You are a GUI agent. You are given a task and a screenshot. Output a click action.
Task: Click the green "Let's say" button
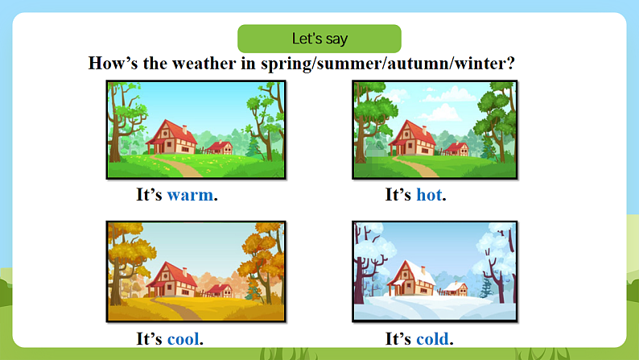pos(319,39)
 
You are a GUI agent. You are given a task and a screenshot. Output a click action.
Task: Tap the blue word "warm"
pos(191,195)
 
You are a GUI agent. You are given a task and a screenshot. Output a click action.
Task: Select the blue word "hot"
pos(429,195)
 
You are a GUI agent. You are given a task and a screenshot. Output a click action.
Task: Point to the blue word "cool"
pos(183,339)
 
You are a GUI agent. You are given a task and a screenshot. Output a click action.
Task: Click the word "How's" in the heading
pos(110,64)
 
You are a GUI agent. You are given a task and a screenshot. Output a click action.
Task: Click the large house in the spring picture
pos(171,137)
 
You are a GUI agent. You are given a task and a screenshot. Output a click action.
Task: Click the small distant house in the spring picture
pos(219,147)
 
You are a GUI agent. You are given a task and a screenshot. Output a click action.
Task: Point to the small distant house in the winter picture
pos(456,288)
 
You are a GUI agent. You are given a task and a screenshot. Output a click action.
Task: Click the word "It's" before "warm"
pos(150,195)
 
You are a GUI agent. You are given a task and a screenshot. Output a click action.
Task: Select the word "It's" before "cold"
pos(399,339)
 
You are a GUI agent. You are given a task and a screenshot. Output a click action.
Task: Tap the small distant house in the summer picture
pos(457,147)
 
